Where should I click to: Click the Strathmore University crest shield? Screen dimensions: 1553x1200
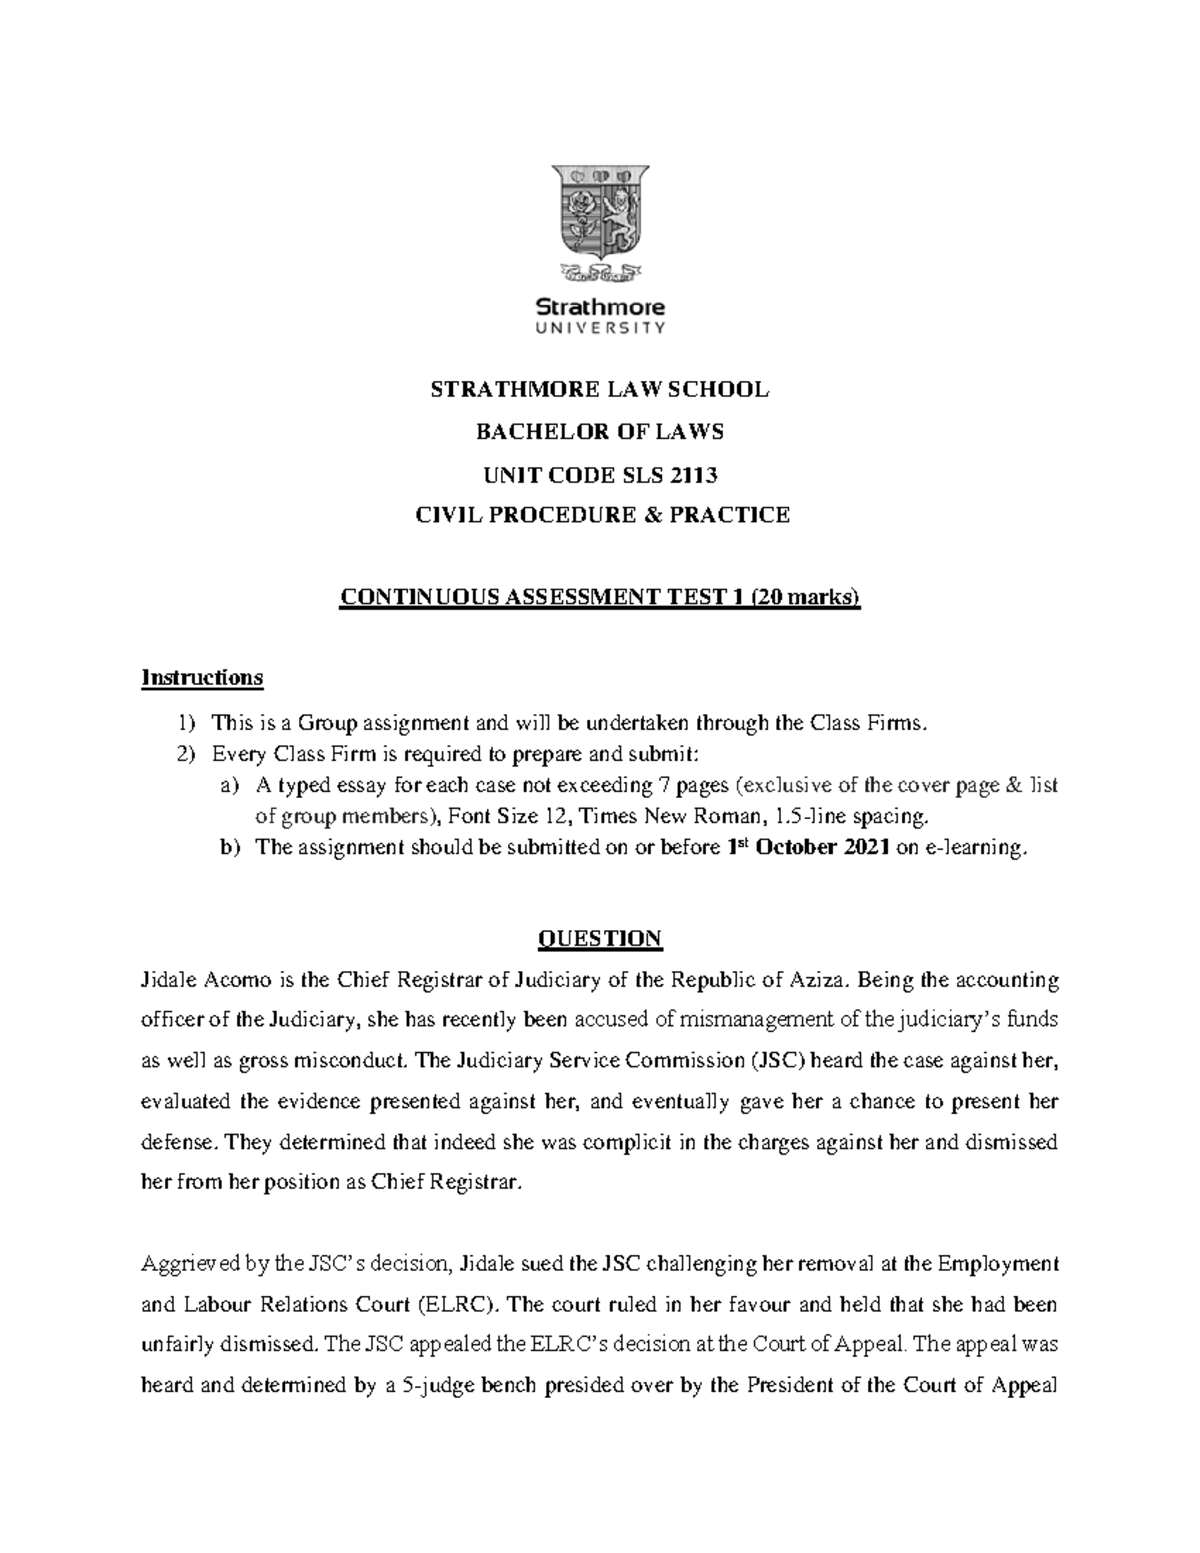(599, 211)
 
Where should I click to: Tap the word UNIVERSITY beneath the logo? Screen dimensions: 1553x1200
(600, 327)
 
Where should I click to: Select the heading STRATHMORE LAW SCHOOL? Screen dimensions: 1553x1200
(599, 390)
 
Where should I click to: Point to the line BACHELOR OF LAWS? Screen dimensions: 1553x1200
(599, 432)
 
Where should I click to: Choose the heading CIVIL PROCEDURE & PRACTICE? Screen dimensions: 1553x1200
(599, 515)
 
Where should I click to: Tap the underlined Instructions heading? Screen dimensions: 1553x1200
(202, 678)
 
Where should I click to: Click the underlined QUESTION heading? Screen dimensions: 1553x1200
(599, 939)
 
